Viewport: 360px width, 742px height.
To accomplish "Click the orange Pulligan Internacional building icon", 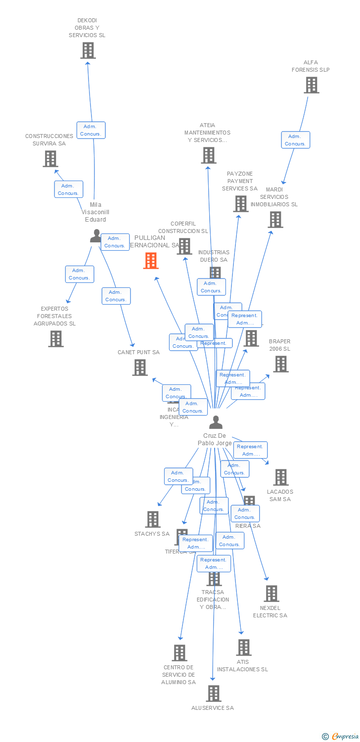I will pyautogui.click(x=151, y=261).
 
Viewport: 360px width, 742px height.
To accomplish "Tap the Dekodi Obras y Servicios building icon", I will pyautogui.click(x=88, y=50).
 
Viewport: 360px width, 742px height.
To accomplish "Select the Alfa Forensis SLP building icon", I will pyautogui.click(x=311, y=85).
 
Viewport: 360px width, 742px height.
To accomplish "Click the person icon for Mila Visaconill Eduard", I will pyautogui.click(x=96, y=236).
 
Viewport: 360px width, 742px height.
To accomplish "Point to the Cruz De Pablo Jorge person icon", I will pyautogui.click(x=216, y=422).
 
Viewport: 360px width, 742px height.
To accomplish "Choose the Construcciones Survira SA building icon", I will pyautogui.click(x=50, y=159).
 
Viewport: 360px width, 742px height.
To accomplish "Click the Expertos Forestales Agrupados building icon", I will pyautogui.click(x=56, y=339).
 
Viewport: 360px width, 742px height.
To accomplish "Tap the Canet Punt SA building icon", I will pyautogui.click(x=140, y=368).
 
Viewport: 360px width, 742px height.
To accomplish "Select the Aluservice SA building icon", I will pyautogui.click(x=214, y=694).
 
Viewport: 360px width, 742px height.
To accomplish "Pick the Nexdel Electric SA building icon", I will pyautogui.click(x=271, y=594).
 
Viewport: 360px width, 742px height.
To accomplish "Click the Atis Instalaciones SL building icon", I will pyautogui.click(x=243, y=648).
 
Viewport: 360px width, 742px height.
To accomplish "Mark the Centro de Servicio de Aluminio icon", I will pyautogui.click(x=180, y=653).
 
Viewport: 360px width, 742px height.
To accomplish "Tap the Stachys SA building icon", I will pyautogui.click(x=153, y=519).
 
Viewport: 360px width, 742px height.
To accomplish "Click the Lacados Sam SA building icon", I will pyautogui.click(x=281, y=477).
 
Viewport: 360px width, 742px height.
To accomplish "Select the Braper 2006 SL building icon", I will pyautogui.click(x=281, y=364).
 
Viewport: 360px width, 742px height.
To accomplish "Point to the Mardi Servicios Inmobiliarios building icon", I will pyautogui.click(x=275, y=220).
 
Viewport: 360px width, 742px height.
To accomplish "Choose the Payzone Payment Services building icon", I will pyautogui.click(x=241, y=204).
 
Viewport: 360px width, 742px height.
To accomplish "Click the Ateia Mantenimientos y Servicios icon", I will pyautogui.click(x=209, y=155).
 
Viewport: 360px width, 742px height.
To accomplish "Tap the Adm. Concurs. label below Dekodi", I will pyautogui.click(x=91, y=130).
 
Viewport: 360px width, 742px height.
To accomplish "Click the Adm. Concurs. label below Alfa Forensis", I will pyautogui.click(x=296, y=140).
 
